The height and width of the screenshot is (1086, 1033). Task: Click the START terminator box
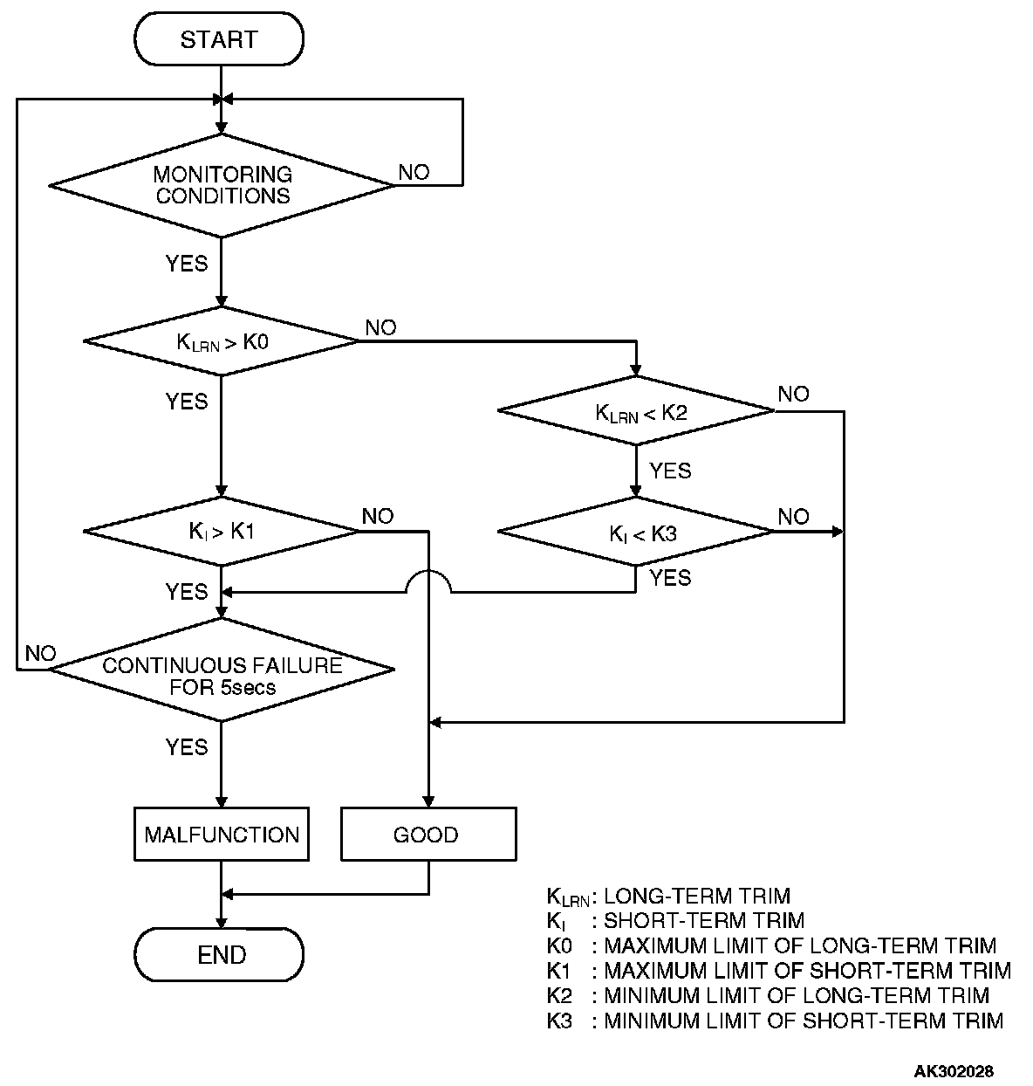pyautogui.click(x=219, y=39)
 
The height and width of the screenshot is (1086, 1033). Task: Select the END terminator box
pyautogui.click(x=219, y=954)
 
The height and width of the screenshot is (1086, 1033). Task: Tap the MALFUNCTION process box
pyautogui.click(x=222, y=834)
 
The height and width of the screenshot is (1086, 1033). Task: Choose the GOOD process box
pyautogui.click(x=428, y=834)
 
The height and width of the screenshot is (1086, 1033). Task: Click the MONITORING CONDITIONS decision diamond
pyautogui.click(x=222, y=186)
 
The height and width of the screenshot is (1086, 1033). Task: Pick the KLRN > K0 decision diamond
pyautogui.click(x=221, y=341)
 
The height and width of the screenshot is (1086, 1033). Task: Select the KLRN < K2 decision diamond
pyautogui.click(x=636, y=410)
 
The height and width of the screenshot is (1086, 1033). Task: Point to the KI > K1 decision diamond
pyautogui.click(x=221, y=532)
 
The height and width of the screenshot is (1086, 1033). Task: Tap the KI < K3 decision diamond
pyautogui.click(x=636, y=532)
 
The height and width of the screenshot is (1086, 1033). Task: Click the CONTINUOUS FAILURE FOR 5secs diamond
pyautogui.click(x=222, y=670)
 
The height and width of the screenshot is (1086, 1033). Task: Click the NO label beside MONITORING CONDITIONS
pyautogui.click(x=414, y=172)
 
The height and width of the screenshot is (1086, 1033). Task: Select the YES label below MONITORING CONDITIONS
pyautogui.click(x=187, y=264)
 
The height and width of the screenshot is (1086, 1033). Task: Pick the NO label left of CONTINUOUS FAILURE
pyautogui.click(x=40, y=654)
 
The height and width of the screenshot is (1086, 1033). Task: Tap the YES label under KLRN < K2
pyautogui.click(x=670, y=471)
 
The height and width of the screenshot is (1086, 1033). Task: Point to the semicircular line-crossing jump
pyautogui.click(x=428, y=581)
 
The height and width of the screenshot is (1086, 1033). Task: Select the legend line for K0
pyautogui.click(x=771, y=945)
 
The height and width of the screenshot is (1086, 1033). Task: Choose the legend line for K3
pyautogui.click(x=775, y=1021)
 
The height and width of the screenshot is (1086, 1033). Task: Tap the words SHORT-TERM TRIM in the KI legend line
pyautogui.click(x=704, y=921)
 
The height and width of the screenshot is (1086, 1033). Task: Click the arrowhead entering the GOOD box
pyautogui.click(x=428, y=801)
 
